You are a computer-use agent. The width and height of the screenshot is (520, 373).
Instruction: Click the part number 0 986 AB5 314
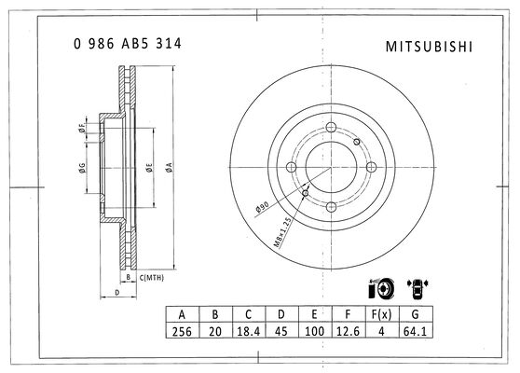click(x=128, y=44)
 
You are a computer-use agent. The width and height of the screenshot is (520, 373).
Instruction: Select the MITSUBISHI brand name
click(x=429, y=47)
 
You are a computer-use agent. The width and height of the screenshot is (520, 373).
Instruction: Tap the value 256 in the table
click(x=182, y=332)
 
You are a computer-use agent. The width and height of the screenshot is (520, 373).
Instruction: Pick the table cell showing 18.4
click(x=249, y=332)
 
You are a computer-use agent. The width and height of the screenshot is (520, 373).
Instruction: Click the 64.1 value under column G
click(x=415, y=332)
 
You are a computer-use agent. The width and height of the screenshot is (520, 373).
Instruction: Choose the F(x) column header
click(x=381, y=314)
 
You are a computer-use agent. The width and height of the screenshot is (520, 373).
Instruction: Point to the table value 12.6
click(x=348, y=332)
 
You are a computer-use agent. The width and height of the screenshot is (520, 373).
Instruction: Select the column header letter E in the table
click(x=314, y=314)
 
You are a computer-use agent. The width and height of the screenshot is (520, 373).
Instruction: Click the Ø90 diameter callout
click(x=262, y=207)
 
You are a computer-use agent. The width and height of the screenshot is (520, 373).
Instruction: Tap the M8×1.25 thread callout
click(x=282, y=232)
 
